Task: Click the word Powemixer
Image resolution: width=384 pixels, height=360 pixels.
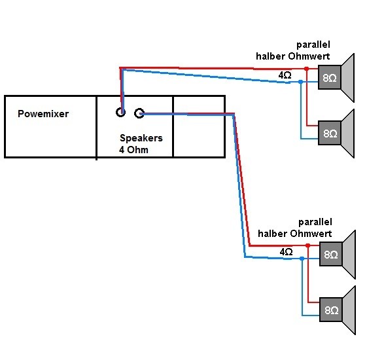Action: point(43,114)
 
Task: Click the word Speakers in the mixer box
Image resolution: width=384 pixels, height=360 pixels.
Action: point(141,138)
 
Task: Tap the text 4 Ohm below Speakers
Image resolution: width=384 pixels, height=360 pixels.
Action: point(133,150)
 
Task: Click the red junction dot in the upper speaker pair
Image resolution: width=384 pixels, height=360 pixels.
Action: point(306,69)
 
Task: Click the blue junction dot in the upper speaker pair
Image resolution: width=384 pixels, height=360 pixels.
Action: point(301,82)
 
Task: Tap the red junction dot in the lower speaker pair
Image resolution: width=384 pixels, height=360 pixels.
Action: point(308,245)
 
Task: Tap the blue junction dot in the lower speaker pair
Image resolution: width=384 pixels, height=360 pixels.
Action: point(302,259)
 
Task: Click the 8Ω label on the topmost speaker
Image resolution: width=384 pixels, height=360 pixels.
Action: point(330,78)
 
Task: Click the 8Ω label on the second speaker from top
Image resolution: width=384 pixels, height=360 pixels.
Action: point(330,134)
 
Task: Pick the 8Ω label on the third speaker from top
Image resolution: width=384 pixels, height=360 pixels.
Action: point(331,255)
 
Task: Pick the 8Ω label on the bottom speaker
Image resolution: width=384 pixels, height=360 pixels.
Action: point(332,310)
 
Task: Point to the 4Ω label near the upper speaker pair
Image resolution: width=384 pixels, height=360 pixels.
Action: point(285,75)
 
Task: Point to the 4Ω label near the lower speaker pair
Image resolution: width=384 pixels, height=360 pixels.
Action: point(286,252)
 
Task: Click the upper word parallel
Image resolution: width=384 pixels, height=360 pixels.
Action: point(313,45)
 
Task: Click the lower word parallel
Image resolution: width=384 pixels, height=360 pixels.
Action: point(315,223)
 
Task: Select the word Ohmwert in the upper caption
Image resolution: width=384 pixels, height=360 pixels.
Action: point(309,56)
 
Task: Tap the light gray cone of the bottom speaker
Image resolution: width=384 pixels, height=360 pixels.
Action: point(349,310)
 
